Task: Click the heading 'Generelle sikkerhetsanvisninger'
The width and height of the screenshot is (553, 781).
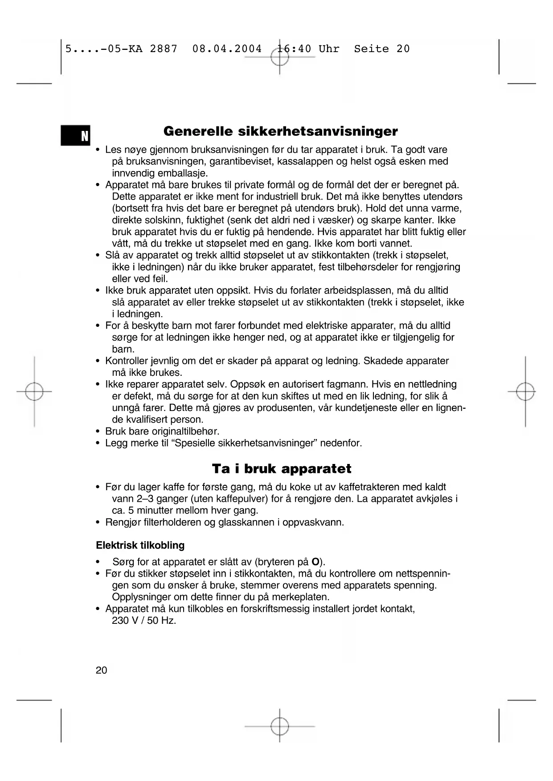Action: (x=280, y=131)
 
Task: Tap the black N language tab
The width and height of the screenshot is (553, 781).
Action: (x=76, y=136)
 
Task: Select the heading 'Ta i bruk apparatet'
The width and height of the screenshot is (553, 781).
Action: (x=281, y=469)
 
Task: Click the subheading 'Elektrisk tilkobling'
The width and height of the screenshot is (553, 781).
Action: (x=140, y=545)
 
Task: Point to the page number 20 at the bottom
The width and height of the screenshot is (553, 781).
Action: (x=101, y=671)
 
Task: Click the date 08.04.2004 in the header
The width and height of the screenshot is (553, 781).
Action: (x=227, y=49)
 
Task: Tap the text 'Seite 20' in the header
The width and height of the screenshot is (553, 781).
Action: (x=381, y=49)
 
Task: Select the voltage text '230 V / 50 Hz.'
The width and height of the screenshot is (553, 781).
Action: (x=144, y=621)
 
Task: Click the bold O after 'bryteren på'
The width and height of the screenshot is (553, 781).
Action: (x=315, y=562)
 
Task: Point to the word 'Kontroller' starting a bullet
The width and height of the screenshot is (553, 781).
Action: (x=127, y=361)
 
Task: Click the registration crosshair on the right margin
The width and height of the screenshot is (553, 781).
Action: (x=525, y=392)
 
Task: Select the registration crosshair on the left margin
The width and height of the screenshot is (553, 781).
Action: (x=34, y=392)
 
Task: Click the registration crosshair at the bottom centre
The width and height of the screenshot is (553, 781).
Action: (x=279, y=726)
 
